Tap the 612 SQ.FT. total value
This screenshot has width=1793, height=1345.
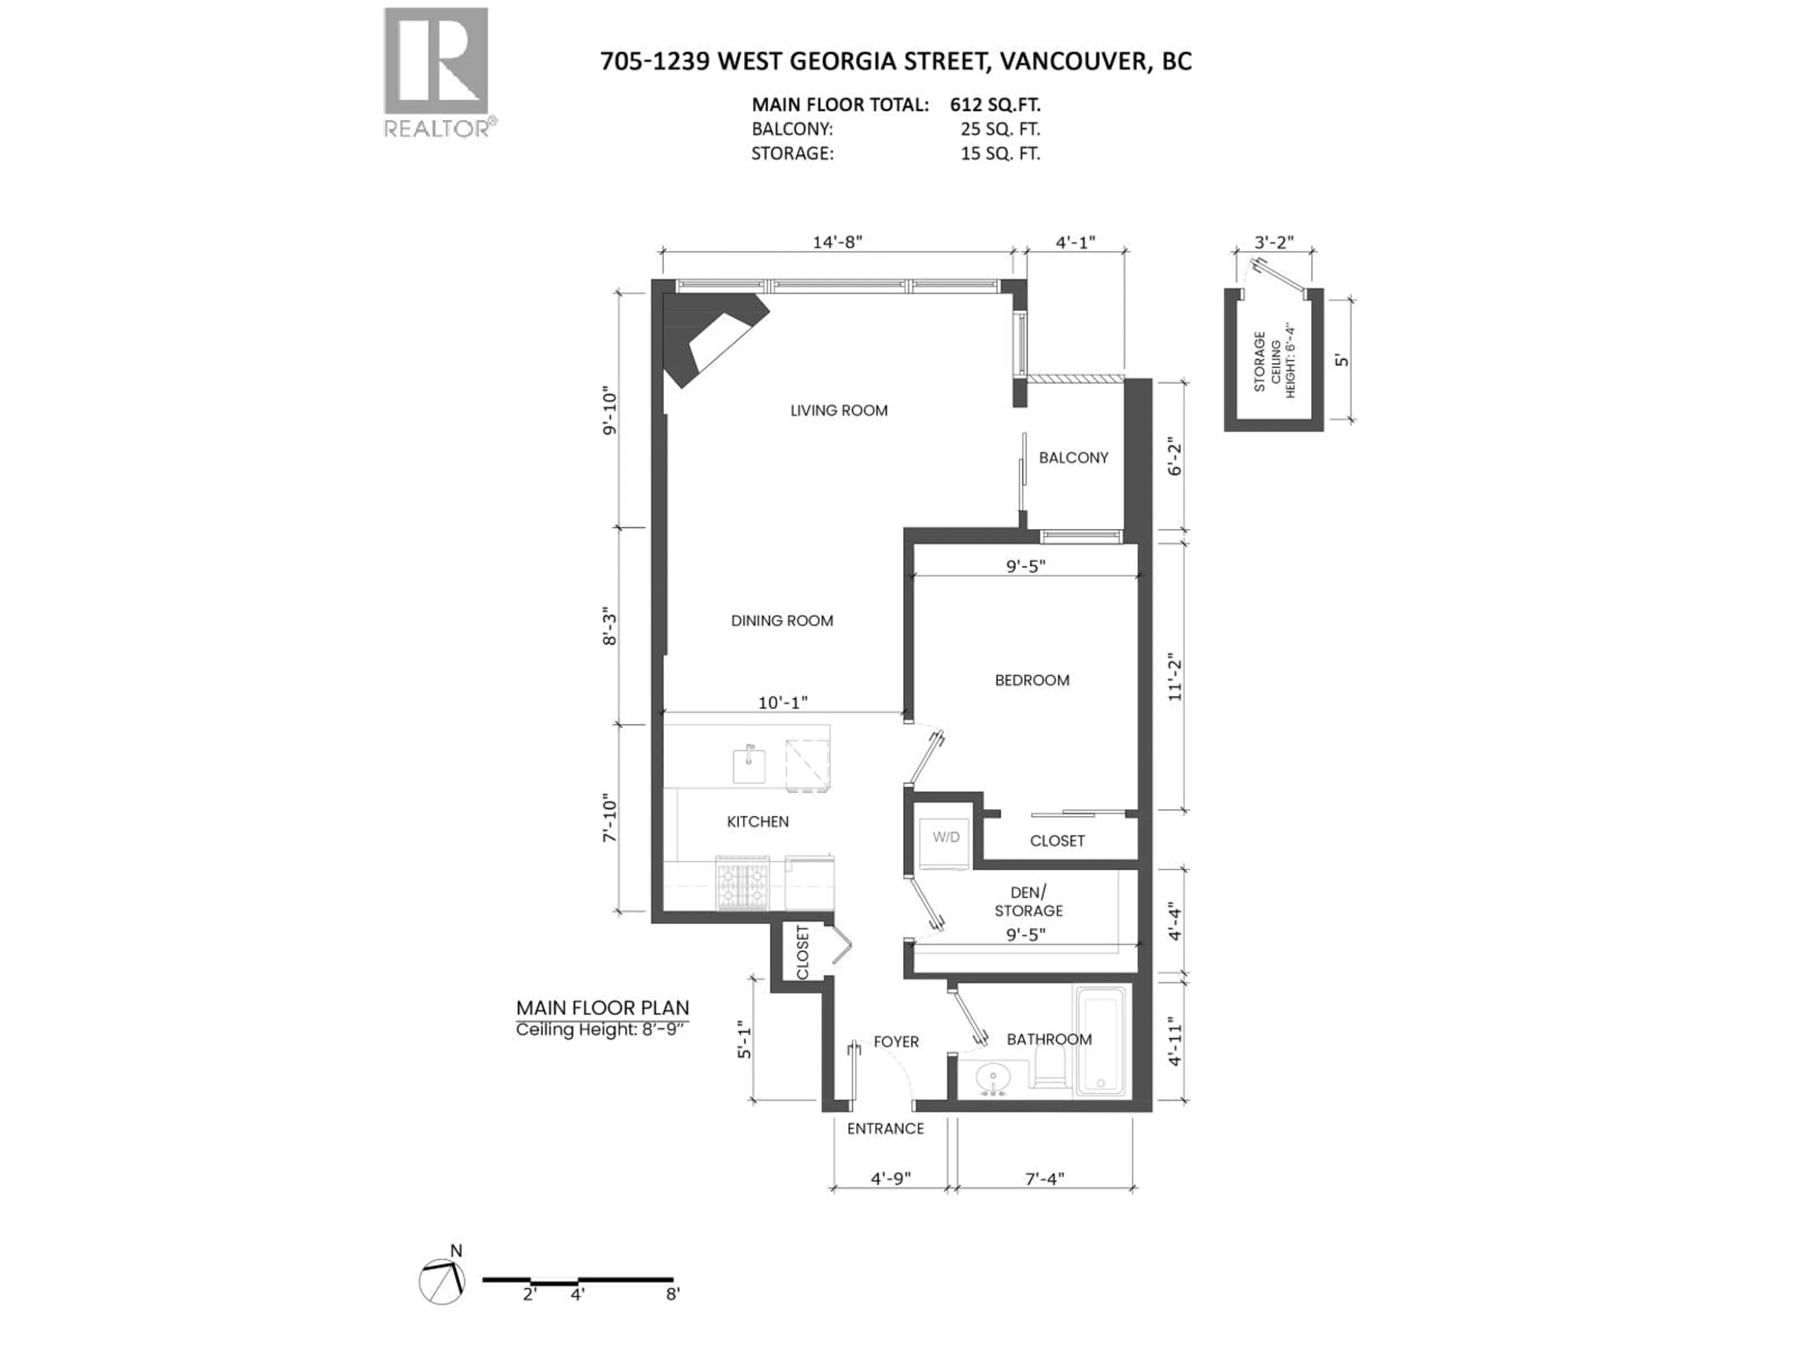click(995, 105)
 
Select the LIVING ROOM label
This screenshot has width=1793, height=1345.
click(839, 410)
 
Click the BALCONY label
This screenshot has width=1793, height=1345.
click(1073, 457)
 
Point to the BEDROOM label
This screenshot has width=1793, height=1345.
click(1032, 680)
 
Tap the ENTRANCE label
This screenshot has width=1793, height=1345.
click(885, 1128)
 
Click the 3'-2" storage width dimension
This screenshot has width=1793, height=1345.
click(1274, 241)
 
